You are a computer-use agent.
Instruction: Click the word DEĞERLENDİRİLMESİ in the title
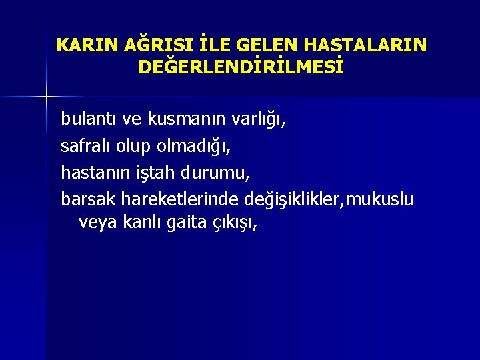pyautogui.click(x=241, y=67)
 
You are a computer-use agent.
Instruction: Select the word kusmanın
pyautogui.click(x=186, y=119)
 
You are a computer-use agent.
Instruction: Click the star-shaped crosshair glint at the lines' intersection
pyautogui.click(x=46, y=97)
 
